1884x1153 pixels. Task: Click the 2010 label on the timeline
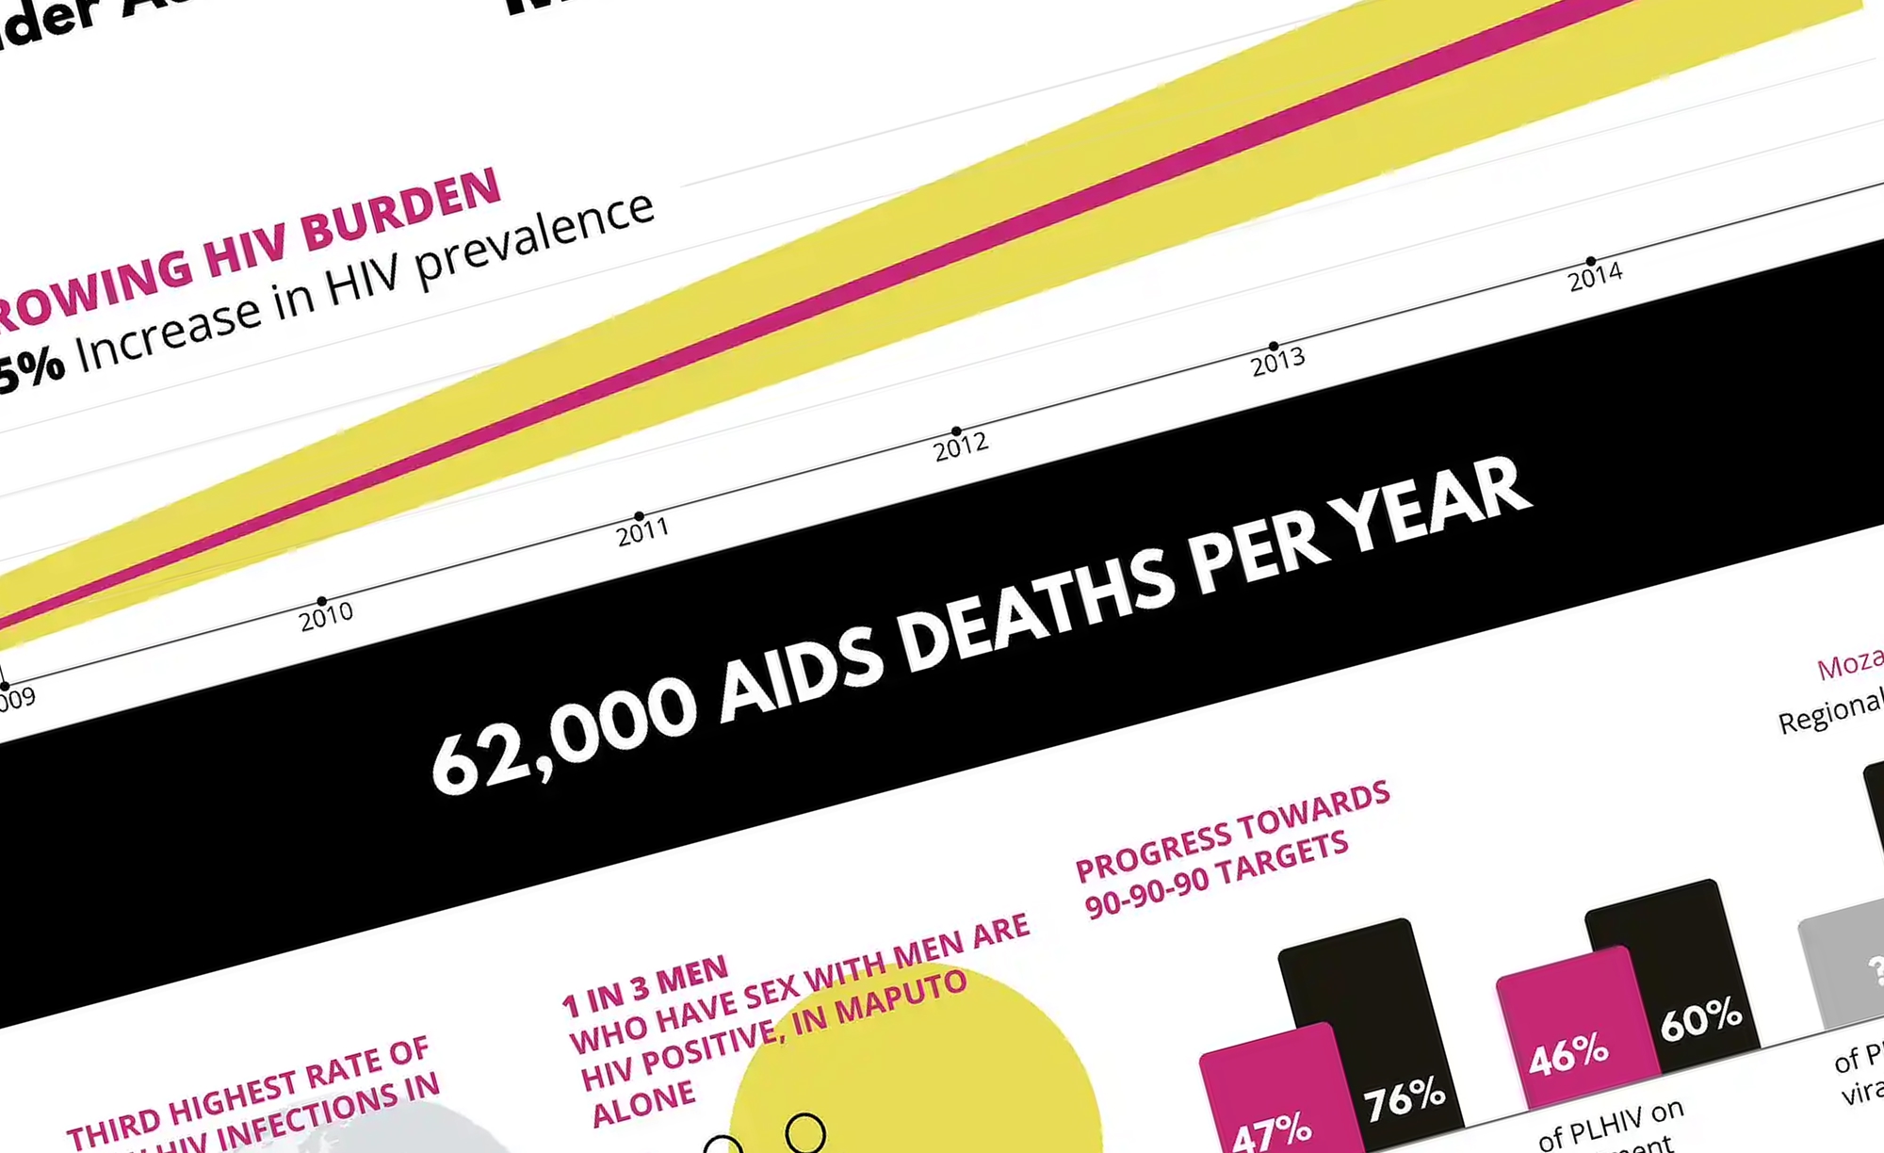coord(326,617)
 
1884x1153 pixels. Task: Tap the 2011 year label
coord(642,532)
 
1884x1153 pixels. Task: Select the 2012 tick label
coord(961,447)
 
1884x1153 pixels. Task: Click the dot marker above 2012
coord(956,430)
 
